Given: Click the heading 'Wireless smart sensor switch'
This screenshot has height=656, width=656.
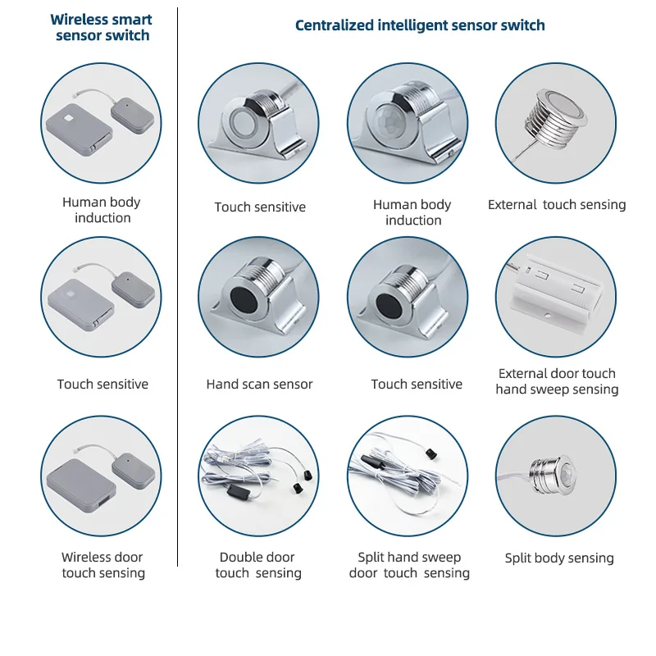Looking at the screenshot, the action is [x=101, y=27].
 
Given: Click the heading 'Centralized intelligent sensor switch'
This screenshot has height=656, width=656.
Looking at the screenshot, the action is [x=420, y=25].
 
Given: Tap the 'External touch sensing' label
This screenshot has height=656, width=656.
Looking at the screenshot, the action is [x=556, y=205].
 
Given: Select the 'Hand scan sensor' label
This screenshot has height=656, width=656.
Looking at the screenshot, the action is [x=259, y=384].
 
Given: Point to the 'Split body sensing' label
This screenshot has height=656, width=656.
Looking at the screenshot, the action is [x=559, y=558].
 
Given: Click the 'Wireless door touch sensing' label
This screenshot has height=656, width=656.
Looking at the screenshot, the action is [x=102, y=565].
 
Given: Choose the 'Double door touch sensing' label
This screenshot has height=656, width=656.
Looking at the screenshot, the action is [x=257, y=565].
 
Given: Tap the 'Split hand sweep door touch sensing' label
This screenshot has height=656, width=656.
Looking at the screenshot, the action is [x=409, y=565].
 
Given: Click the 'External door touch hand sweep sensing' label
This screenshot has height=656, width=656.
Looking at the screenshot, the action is [x=557, y=381].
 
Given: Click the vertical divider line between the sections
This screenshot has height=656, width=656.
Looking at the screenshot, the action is [x=178, y=287].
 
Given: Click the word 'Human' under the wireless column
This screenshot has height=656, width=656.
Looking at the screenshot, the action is [x=80, y=203].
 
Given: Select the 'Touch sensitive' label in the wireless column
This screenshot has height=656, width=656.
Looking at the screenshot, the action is [x=102, y=384].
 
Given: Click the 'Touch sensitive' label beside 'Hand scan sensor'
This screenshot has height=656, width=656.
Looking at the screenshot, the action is [x=417, y=384].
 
